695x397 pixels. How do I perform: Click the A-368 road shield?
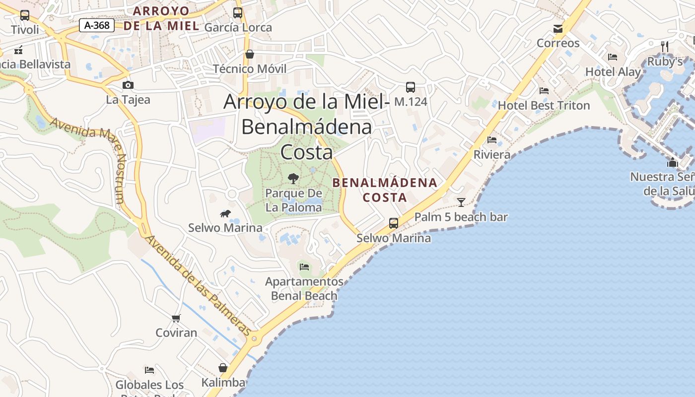click(97, 25)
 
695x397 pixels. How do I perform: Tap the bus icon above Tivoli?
click(25, 15)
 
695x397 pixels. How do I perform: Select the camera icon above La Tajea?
click(128, 85)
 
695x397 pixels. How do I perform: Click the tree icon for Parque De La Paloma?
click(293, 178)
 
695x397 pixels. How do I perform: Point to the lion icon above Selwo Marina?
click(225, 214)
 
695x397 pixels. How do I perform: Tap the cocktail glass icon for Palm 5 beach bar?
click(461, 202)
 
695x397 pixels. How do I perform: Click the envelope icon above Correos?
click(558, 29)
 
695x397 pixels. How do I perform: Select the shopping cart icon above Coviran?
click(176, 318)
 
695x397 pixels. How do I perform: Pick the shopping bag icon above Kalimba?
click(223, 368)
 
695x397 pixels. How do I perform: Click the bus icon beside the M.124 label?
click(411, 87)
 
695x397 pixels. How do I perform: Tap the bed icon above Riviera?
click(492, 140)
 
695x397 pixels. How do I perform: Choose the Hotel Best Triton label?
click(544, 105)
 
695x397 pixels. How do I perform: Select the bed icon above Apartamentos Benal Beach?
click(304, 267)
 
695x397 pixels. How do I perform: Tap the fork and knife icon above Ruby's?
click(665, 47)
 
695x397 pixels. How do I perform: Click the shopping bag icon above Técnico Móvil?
click(250, 54)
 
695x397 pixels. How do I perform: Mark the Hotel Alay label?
click(613, 72)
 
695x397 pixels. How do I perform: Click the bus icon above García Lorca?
click(238, 13)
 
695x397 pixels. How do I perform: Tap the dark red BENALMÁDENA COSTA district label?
click(385, 190)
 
